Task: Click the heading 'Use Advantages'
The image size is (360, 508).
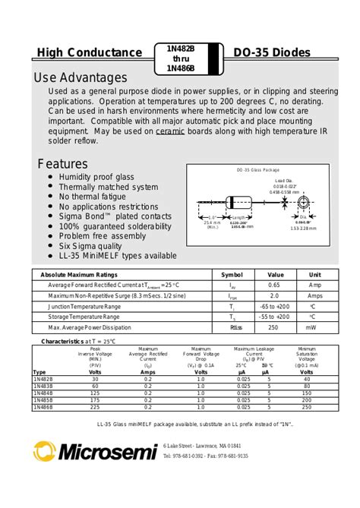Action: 81,78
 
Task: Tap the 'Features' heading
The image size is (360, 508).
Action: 63,164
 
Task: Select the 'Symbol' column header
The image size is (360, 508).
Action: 232,274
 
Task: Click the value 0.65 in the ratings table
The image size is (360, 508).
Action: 275,285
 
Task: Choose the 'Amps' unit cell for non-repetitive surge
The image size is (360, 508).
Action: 314,295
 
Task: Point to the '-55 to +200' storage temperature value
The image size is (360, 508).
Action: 275,317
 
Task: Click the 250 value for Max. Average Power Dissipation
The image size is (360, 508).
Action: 275,327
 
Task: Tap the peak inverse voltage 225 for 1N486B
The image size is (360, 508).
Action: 95,406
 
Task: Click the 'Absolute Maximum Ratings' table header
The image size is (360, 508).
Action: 79,274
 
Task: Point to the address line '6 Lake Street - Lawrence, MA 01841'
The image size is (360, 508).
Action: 203,445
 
